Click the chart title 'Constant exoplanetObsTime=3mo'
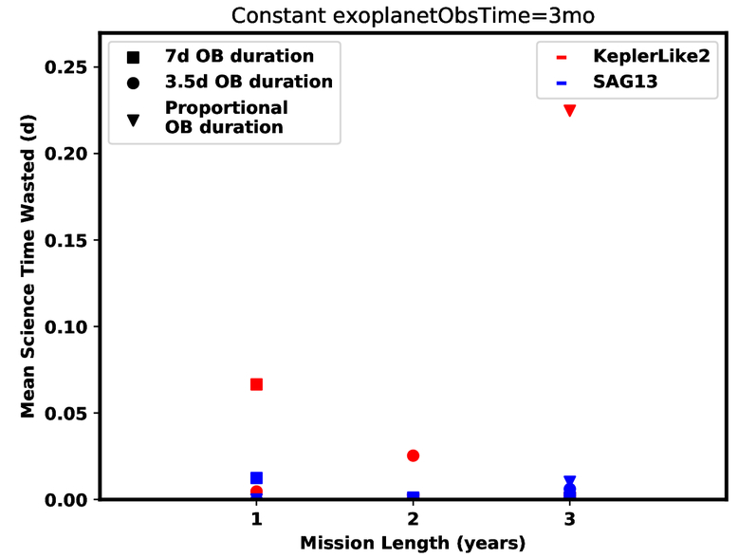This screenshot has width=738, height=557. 413,15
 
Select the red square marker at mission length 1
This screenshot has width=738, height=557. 256,384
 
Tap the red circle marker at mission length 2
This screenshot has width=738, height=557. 413,455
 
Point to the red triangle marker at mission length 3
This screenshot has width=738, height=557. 569,110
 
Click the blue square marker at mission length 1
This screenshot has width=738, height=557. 256,478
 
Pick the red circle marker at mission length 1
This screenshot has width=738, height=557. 256,492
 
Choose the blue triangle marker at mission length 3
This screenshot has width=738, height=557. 569,481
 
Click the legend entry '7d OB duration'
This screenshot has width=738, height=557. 239,56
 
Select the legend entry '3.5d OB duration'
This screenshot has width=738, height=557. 249,82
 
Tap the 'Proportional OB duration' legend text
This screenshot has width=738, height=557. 227,118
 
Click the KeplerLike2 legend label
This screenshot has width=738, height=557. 652,56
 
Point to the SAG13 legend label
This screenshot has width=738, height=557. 625,82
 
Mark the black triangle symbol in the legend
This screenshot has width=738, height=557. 133,121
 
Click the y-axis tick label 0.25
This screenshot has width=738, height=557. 65,66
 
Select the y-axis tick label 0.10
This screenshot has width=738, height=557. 65,326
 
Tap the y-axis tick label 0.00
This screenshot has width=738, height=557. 65,499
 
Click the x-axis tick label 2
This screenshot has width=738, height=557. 413,519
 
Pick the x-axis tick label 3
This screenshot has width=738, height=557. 569,519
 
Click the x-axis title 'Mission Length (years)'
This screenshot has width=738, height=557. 413,543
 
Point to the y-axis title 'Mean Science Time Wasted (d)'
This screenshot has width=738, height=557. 28,266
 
